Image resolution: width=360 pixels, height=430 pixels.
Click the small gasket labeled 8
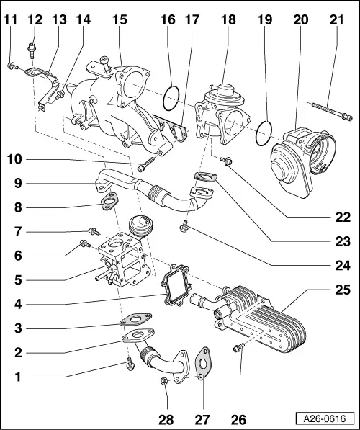coord(109,203)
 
